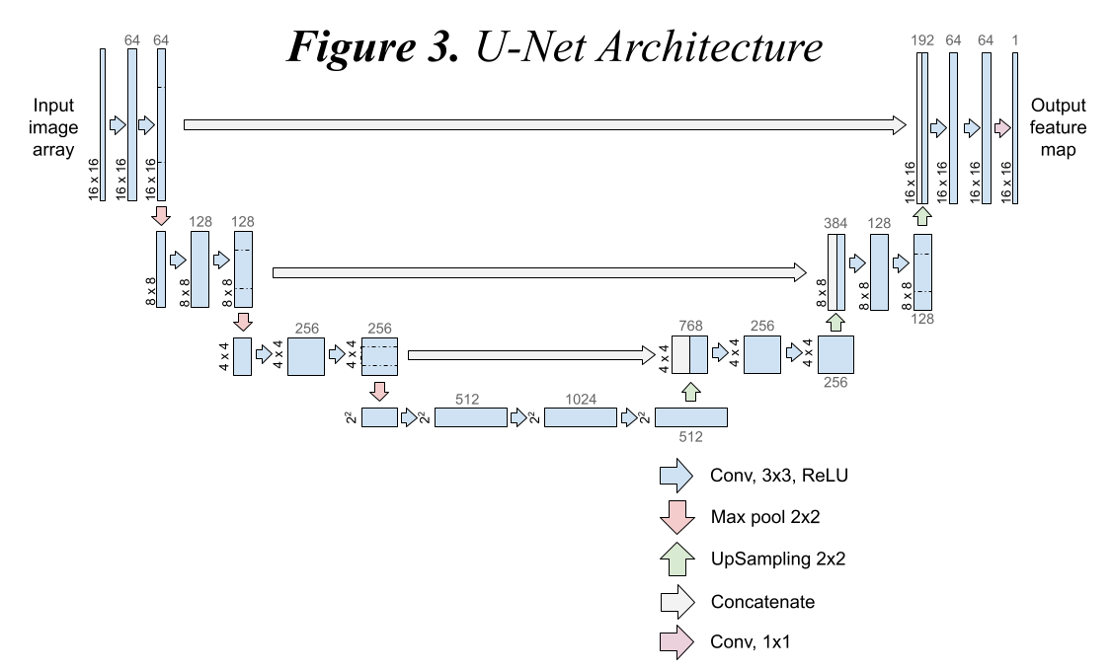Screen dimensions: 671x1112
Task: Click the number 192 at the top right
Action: (x=922, y=40)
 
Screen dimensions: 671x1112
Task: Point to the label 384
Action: (x=835, y=224)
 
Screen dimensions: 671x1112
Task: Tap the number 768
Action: (x=690, y=326)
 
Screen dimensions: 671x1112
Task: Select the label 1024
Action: (x=581, y=400)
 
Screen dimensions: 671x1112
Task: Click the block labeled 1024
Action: (x=581, y=417)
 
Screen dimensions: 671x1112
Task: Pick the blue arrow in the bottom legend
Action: (x=676, y=476)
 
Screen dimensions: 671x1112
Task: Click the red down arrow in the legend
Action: (x=676, y=517)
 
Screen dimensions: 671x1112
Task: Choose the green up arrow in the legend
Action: (x=676, y=559)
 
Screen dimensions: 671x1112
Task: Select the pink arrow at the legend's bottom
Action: (x=676, y=642)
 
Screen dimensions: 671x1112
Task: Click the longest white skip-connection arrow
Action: (x=544, y=125)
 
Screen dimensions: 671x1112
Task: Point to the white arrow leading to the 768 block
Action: (x=531, y=355)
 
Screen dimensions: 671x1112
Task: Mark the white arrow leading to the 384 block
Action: (x=539, y=272)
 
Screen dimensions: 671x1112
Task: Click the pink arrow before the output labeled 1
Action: (x=1002, y=128)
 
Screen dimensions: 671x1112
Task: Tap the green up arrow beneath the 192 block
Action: (x=922, y=216)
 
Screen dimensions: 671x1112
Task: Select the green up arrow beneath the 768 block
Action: (x=690, y=392)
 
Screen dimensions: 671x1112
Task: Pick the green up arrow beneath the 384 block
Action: (x=835, y=322)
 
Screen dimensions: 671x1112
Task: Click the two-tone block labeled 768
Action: (x=689, y=355)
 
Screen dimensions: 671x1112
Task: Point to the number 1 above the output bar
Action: (x=1015, y=40)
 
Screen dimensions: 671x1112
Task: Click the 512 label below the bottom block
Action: (x=690, y=437)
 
